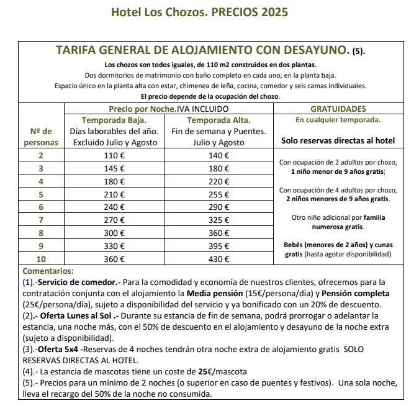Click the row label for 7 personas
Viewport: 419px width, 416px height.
[x=41, y=220]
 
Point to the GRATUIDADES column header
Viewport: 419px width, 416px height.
[x=338, y=109]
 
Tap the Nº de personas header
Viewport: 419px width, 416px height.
[x=41, y=136]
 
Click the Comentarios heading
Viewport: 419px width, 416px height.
[x=47, y=271]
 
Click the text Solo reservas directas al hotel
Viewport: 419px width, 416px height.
[x=338, y=141]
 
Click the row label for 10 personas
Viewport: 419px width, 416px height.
[x=41, y=259]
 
